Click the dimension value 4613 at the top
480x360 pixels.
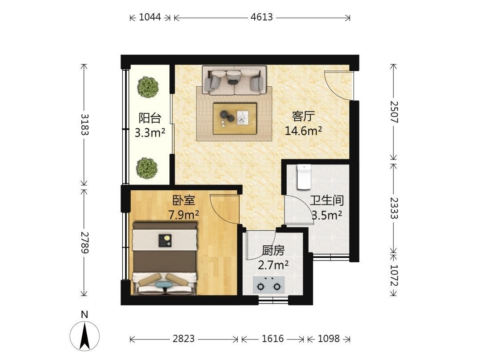261,17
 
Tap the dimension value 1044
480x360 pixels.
150,17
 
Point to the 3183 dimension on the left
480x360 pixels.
85,124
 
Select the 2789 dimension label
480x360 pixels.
85,243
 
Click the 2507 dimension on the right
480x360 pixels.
394,112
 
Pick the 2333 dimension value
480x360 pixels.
394,208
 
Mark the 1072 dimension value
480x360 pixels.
394,276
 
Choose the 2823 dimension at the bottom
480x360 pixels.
184,339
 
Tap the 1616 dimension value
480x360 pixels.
273,339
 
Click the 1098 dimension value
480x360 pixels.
328,339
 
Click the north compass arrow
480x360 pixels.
84,336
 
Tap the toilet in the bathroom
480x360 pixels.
304,176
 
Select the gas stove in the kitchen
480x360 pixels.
269,285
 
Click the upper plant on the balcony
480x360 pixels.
148,87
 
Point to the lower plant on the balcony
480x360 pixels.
147,168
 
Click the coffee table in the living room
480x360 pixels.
235,119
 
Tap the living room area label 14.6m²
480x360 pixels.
304,131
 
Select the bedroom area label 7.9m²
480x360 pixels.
184,215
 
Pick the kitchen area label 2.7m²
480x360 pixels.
273,265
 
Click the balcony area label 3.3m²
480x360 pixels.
150,132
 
